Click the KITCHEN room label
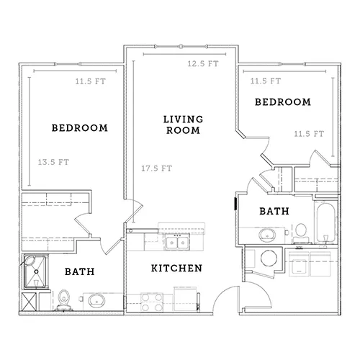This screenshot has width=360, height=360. click(176, 268)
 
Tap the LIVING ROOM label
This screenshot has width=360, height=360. click(183, 125)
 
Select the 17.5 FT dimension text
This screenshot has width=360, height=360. click(156, 168)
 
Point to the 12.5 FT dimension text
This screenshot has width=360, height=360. click(203, 63)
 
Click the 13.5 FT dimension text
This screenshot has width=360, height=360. click(53, 162)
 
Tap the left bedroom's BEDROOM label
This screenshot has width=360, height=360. click(80, 128)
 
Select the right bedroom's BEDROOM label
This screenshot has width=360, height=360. click(283, 102)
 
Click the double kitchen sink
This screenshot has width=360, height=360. click(177, 242)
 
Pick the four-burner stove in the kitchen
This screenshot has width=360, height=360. click(152, 302)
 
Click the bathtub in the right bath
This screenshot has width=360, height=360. click(325, 222)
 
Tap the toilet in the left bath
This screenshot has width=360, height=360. click(63, 300)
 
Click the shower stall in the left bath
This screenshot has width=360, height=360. click(36, 271)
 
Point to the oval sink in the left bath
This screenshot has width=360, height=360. click(96, 300)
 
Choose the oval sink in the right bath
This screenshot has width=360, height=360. click(267, 235)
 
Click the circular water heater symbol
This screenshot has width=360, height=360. click(269, 258)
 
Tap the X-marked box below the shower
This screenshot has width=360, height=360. click(29, 302)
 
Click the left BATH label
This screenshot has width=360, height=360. click(80, 271)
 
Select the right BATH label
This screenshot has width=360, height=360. click(274, 211)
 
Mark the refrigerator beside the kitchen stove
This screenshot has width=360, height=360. click(186, 299)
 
